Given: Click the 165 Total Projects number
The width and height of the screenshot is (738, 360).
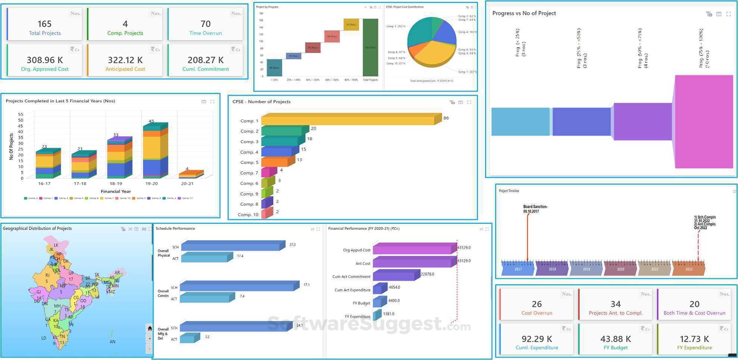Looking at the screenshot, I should [x=44, y=24].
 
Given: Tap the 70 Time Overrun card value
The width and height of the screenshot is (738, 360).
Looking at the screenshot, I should [x=205, y=24].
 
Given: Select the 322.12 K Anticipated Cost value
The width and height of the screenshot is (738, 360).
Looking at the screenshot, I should [x=125, y=60].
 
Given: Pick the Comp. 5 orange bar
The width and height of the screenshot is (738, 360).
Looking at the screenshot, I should [x=276, y=162].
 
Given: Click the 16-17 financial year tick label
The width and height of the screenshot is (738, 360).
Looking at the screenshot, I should [x=44, y=184].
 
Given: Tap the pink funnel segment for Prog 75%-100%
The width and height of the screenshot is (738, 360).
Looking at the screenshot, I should [x=704, y=122].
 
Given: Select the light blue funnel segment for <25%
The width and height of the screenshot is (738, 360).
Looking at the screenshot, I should [x=520, y=122].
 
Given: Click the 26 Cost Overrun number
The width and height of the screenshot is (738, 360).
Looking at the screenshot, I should [x=537, y=304].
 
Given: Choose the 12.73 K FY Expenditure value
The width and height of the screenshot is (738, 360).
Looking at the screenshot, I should [x=694, y=339].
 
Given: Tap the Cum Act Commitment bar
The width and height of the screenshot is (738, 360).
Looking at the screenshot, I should [x=395, y=275].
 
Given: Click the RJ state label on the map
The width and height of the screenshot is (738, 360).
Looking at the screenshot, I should [x=47, y=275].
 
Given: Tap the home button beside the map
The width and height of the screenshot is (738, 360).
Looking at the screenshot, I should [x=150, y=328].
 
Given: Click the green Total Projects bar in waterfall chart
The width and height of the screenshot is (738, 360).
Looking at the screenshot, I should [x=370, y=47].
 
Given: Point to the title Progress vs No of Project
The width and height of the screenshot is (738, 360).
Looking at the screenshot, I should [x=524, y=13].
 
